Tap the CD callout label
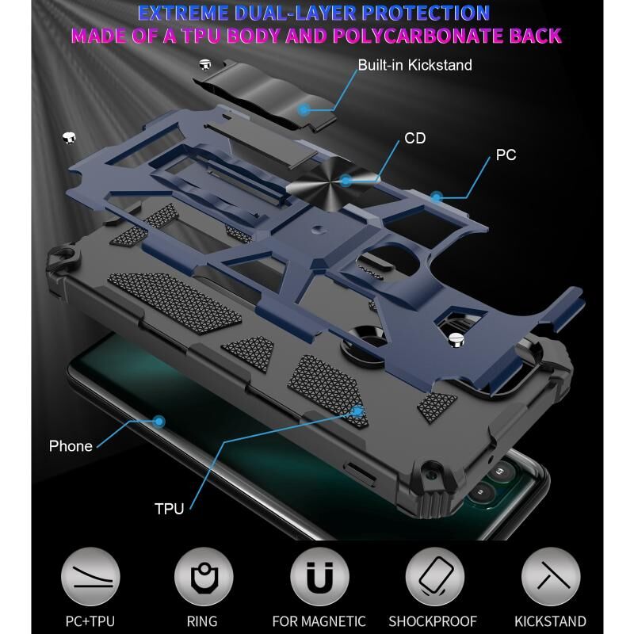tap(415, 139)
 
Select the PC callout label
tap(506, 155)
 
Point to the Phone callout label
tap(71, 446)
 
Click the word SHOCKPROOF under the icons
tap(433, 621)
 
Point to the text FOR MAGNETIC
tap(319, 621)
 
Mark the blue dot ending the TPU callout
tap(358, 411)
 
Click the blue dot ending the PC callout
tap(435, 194)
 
